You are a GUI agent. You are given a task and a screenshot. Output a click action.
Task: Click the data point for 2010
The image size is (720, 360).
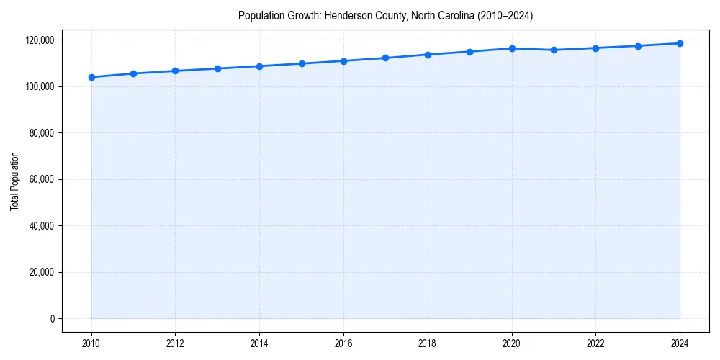pos(91,77)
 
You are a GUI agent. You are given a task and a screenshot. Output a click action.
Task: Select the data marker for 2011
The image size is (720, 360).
pos(133,73)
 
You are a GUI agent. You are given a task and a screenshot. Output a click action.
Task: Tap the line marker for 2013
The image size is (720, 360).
pos(217,68)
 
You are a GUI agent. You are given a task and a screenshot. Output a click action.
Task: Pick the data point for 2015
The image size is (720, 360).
pos(302,63)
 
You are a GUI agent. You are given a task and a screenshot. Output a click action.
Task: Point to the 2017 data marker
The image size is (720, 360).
pos(386,58)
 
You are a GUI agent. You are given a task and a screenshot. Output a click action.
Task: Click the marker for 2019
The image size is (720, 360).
pos(469,52)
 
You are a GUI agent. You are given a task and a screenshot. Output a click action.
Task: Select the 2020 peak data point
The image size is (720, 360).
pos(512,48)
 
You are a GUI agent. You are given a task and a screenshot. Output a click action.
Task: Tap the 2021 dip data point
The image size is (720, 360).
pos(554,50)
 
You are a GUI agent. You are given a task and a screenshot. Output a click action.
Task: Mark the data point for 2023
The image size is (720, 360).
pos(638,46)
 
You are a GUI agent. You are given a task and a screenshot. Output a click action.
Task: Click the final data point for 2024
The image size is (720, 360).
pos(680,43)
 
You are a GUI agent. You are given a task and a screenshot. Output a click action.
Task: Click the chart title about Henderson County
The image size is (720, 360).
pos(385,15)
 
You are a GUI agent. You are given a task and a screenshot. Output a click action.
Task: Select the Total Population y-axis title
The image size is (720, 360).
pos(14,181)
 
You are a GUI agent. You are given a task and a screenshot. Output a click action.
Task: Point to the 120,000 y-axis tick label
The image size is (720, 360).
pos(38,40)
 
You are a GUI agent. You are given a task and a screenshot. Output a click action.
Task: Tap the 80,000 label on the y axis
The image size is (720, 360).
pos(40,133)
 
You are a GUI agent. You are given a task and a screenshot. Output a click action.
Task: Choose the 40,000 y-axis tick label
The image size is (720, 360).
pos(40,226)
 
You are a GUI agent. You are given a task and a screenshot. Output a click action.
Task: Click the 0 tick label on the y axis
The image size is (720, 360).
pos(51,319)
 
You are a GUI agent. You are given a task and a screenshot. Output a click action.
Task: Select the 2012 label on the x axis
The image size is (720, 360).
pos(176,343)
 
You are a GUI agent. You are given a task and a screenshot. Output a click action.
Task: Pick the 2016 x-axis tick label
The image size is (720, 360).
pos(343,343)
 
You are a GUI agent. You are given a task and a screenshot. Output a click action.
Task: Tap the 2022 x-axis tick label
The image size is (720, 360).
pos(595,343)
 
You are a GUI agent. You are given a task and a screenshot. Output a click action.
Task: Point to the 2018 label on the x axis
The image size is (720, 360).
pos(428,343)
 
